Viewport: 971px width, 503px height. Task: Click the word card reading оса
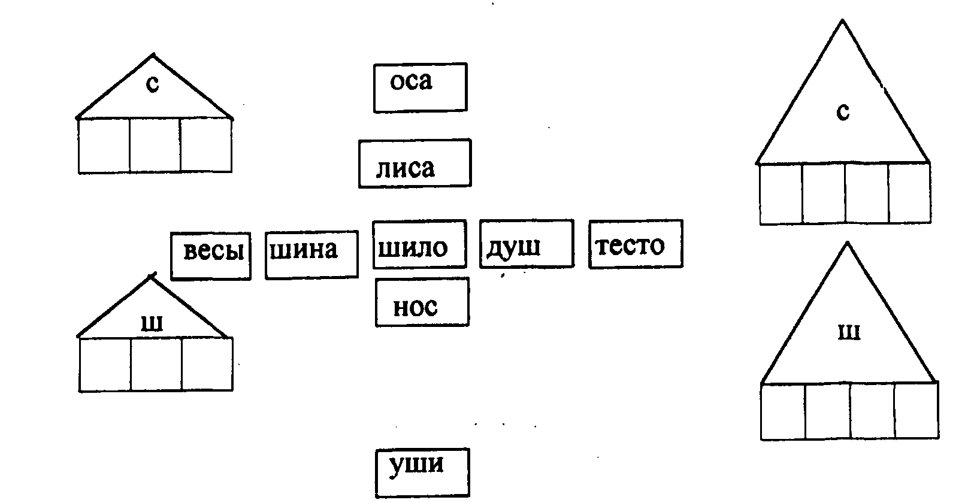point(420,87)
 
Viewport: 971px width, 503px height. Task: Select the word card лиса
point(415,163)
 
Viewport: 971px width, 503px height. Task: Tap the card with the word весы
point(211,256)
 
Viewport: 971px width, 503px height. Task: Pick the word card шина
point(311,255)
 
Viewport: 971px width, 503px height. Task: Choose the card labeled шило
point(419,244)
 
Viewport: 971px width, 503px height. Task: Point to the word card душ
point(527,243)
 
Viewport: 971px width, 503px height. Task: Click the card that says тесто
point(636,244)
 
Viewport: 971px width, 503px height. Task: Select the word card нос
point(422,302)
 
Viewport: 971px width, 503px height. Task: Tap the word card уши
point(422,472)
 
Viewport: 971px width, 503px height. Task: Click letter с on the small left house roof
point(153,84)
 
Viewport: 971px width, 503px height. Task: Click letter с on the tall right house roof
point(843,111)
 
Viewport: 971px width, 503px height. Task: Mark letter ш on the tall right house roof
point(849,332)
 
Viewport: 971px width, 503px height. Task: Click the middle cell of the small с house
point(155,146)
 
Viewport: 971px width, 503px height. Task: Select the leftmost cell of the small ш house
point(105,365)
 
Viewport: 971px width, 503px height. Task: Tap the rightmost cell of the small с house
point(206,146)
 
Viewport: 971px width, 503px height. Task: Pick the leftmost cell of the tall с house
point(781,194)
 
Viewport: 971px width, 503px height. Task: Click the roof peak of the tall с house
point(843,22)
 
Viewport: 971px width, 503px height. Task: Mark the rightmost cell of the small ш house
point(207,365)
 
